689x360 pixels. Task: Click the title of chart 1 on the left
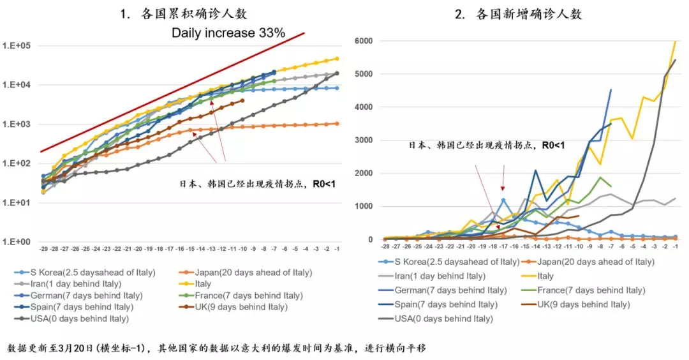[x=183, y=13]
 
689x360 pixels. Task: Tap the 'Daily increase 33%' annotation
[x=228, y=33]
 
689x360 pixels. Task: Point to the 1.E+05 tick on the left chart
[x=17, y=46]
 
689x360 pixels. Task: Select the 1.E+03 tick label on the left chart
[x=17, y=124]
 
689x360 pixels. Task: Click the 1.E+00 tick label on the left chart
[x=17, y=242]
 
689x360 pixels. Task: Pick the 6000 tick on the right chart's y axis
[x=364, y=40]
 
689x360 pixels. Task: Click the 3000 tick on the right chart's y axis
[x=364, y=140]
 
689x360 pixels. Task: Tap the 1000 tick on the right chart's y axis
[x=364, y=206]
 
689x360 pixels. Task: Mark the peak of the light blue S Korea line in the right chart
[x=503, y=199]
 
